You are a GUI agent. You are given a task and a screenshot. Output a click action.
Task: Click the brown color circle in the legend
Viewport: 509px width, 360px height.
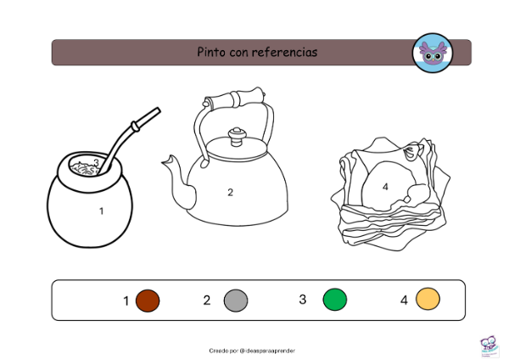click(x=148, y=301)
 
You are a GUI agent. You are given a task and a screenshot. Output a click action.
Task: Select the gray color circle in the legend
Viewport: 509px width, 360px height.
click(x=236, y=301)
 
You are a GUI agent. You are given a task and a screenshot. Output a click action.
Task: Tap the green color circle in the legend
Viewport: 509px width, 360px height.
click(x=335, y=299)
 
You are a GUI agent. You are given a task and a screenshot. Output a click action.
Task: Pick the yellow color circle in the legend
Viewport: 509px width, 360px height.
click(x=428, y=299)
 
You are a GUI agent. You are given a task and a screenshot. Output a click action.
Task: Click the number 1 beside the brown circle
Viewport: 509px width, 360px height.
click(x=126, y=301)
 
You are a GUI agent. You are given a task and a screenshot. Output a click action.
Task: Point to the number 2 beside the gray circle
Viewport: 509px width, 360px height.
click(x=207, y=301)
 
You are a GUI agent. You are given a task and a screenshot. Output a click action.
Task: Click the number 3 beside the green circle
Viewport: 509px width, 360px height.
click(x=303, y=299)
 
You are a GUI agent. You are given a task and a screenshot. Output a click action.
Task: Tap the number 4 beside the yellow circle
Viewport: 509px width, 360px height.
click(x=404, y=300)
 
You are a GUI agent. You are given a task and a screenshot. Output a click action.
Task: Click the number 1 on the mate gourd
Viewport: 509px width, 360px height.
click(x=101, y=211)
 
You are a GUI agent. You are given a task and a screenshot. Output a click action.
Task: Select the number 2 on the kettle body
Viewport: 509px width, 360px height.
click(x=230, y=193)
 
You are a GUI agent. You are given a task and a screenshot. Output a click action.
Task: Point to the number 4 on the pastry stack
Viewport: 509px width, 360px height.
click(x=385, y=187)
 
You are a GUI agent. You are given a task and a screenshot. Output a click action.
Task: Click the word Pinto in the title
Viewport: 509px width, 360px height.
click(x=211, y=52)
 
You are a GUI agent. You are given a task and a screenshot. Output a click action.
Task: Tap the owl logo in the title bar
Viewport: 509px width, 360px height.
click(x=433, y=53)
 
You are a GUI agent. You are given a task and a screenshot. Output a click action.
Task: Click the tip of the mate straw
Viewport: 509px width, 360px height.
click(x=159, y=110)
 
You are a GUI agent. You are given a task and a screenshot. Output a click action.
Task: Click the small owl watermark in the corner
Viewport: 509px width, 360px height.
click(x=489, y=347)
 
